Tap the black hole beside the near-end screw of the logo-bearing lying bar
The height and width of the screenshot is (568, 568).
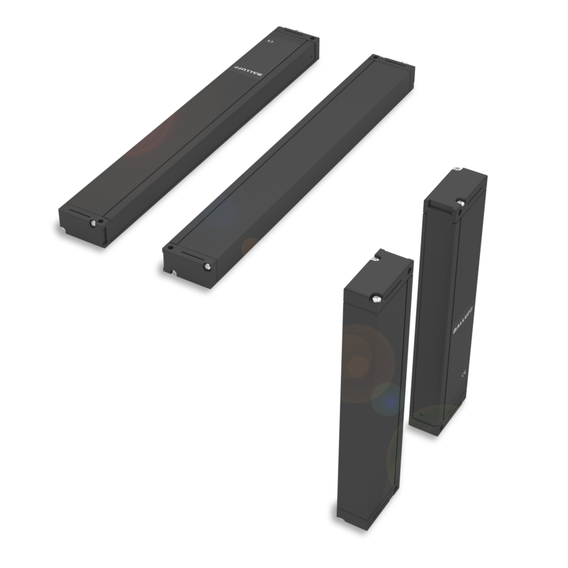[102, 219]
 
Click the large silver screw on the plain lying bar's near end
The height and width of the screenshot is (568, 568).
[207, 266]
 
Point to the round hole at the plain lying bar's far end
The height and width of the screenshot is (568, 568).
[375, 56]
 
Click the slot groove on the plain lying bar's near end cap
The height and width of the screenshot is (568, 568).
[191, 256]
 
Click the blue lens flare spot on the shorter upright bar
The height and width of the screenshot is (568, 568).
[390, 402]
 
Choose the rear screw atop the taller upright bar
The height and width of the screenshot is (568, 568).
[456, 169]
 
